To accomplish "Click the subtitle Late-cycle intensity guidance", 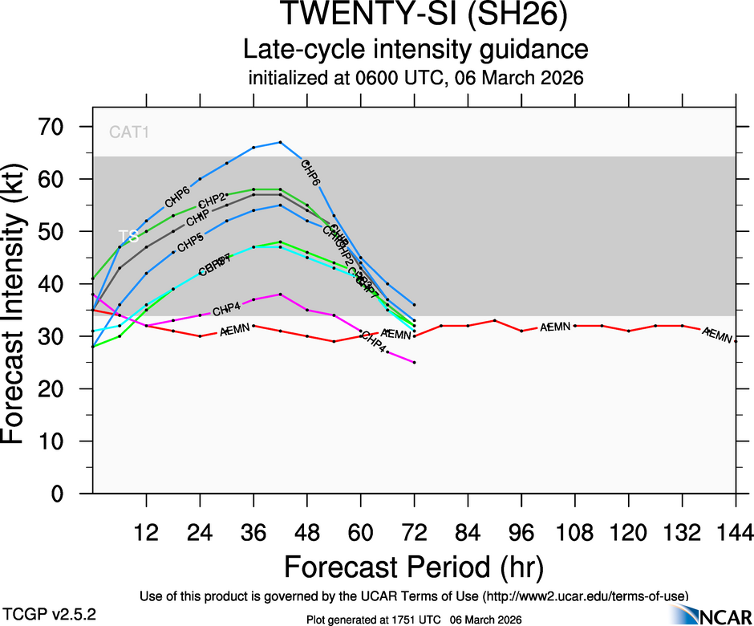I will click(x=416, y=50).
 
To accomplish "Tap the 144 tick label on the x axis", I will click(x=736, y=532).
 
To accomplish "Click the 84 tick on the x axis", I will click(x=468, y=532).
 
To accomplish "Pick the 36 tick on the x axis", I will click(x=253, y=532).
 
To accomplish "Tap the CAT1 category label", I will click(x=129, y=132).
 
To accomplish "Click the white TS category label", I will click(x=128, y=236).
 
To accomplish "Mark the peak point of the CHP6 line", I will click(x=280, y=142).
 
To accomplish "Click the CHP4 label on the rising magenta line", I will click(x=227, y=309).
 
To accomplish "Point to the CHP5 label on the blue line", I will click(x=190, y=242).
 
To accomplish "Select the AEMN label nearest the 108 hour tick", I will click(x=554, y=327).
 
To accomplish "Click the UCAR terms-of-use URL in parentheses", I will click(x=586, y=596).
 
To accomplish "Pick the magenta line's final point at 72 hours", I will click(x=414, y=363).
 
